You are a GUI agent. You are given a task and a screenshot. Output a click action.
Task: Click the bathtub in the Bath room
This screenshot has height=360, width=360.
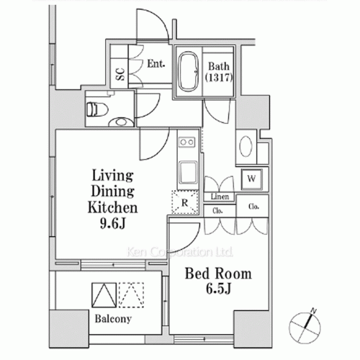pos(189,71)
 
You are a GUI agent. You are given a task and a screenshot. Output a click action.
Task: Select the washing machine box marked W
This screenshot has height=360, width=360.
pos(251,179)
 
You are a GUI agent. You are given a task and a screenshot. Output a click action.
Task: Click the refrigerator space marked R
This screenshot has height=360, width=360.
pos(185,202)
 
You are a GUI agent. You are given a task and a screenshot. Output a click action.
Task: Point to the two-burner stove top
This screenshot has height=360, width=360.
pos(187,142)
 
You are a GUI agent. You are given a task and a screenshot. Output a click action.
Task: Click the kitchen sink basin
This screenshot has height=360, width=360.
pos(188,172)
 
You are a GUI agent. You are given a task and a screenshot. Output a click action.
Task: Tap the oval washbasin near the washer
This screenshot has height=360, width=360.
pos(246,146)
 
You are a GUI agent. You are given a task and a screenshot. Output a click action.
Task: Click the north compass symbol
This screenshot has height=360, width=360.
pos(305,326)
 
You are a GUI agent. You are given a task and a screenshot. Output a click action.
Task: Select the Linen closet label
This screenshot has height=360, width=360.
pos(220,197)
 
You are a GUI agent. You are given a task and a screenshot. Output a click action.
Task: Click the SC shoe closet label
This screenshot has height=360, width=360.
pos(120,74)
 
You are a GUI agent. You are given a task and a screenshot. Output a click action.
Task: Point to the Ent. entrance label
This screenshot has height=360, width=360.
pos(156,63)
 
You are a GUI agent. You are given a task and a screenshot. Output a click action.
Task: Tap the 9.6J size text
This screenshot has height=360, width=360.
pos(112,224)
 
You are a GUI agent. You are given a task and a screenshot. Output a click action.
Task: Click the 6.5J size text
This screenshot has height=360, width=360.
pos(218,289)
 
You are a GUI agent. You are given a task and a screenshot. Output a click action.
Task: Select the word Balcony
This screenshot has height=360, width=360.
pos(113,319)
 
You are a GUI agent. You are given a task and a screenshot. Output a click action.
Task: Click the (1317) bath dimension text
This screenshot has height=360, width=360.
pos(219,78)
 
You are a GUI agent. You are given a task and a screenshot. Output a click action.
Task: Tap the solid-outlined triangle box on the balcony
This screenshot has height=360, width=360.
pos(104,295)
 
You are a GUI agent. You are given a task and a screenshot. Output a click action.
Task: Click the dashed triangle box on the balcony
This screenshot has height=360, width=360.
pos(131,295)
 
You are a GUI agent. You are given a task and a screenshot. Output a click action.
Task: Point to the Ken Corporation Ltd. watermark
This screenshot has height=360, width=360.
pos(179,252)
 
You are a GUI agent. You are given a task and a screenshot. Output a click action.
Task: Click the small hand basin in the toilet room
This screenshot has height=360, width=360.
pos(122,122)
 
